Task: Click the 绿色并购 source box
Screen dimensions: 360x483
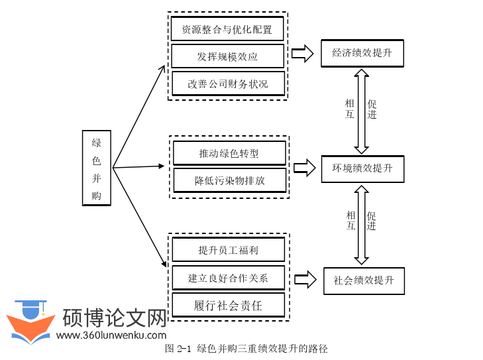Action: tap(97, 168)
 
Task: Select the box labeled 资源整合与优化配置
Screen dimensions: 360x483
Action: tap(227, 29)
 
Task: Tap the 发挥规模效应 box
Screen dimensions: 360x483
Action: tap(227, 56)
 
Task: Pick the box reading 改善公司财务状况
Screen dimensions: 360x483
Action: tap(227, 84)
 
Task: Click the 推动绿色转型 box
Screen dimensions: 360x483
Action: tap(229, 153)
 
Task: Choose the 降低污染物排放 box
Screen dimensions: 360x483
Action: tap(229, 180)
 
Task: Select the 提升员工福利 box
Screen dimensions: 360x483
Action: tap(228, 250)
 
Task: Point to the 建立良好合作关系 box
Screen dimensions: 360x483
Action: tap(228, 278)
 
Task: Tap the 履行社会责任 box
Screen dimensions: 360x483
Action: tap(228, 305)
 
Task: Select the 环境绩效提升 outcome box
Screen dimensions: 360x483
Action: tap(362, 168)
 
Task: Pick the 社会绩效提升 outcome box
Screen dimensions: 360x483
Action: tap(364, 280)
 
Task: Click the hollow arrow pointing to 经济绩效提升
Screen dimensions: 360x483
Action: tap(302, 54)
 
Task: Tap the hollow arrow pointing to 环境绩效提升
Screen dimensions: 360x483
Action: tap(304, 168)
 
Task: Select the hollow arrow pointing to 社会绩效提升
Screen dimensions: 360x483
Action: tap(305, 279)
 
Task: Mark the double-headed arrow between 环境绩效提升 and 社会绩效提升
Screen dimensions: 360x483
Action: tap(361, 224)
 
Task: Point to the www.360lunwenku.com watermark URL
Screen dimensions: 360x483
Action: tap(111, 335)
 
